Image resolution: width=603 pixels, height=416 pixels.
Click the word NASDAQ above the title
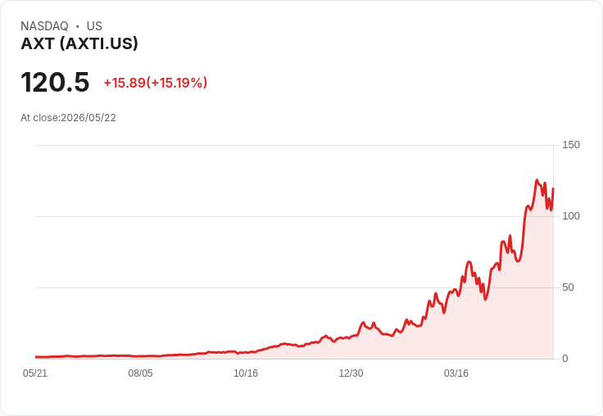pos(44,26)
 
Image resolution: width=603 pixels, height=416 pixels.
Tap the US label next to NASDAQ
pos(94,26)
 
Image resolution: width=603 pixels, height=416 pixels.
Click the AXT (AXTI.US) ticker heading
pos(79,43)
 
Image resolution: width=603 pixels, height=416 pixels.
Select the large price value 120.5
pos(55,82)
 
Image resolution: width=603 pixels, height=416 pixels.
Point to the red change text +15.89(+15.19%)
pos(156,83)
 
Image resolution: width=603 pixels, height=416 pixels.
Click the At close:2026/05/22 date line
pos(69,118)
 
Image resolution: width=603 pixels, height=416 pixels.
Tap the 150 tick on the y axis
pos(571,145)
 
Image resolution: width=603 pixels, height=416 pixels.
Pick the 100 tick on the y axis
pos(571,216)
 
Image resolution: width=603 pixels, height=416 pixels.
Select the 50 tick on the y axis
pos(568,287)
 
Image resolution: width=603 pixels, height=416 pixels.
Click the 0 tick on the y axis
pos(565,359)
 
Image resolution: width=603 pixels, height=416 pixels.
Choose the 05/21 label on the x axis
pos(35,373)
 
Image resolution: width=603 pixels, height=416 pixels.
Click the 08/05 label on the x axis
pos(140,373)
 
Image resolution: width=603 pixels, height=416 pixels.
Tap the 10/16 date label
pos(246,373)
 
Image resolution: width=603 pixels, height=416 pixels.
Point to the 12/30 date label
pos(351,373)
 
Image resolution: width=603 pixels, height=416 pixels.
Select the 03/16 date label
pos(456,373)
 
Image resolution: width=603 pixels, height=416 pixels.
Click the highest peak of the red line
pos(537,180)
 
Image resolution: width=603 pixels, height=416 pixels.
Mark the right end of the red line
pos(553,188)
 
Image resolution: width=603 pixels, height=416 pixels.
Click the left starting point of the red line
pos(36,357)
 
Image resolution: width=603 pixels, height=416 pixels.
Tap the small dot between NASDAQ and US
pos(78,26)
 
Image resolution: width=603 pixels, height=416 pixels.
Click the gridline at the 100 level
pos(294,216)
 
